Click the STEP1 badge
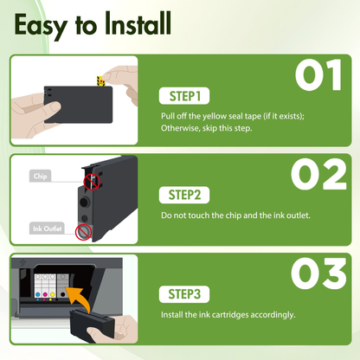(184, 96)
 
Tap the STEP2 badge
(184, 195)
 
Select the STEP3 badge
(184, 294)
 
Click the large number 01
(318, 75)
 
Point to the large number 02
(318, 174)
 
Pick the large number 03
(318, 273)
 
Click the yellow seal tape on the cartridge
(100, 80)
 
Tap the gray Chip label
(40, 176)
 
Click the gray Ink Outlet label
(47, 228)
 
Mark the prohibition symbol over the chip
(92, 182)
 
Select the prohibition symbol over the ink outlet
(83, 232)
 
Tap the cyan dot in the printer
(37, 295)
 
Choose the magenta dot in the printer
(45, 295)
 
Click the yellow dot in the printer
(52, 295)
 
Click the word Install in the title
(138, 23)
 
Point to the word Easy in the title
(41, 27)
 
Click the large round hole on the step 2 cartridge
(85, 202)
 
